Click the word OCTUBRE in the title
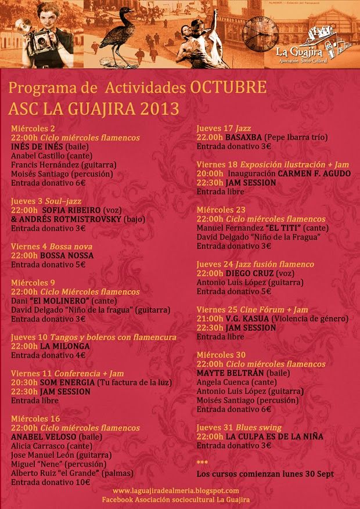coord(228,88)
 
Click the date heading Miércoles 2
coord(33,128)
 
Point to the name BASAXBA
coord(243,138)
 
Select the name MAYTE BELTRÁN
coord(231,373)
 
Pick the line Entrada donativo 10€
coord(51,482)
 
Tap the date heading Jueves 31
coord(217,427)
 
